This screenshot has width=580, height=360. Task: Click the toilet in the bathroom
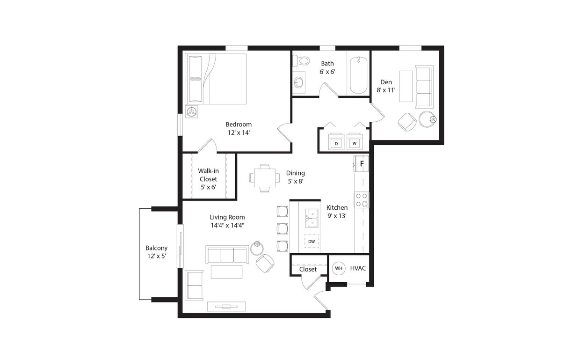[302, 60]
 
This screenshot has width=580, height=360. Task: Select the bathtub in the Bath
[359, 75]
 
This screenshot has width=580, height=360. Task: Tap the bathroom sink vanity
[299, 83]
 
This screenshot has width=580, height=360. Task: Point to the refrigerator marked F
[362, 164]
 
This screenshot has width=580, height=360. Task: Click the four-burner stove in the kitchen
[362, 200]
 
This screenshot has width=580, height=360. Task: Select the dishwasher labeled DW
[312, 241]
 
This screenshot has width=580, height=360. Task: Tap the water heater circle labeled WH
[339, 268]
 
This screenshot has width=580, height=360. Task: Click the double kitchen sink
[312, 218]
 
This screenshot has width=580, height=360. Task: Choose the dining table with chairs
[264, 178]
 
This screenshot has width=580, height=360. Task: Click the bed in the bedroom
[216, 79]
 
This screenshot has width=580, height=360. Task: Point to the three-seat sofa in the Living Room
[227, 254]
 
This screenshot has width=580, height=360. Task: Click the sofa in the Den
[424, 87]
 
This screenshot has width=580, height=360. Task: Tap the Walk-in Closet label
[208, 179]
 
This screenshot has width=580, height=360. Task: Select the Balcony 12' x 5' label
[156, 252]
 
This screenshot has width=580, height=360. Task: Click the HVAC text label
[358, 268]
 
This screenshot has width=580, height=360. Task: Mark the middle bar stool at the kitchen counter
[283, 228]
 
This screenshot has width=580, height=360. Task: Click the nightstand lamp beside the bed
[191, 111]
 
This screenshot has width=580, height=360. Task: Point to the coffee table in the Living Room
[226, 272]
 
